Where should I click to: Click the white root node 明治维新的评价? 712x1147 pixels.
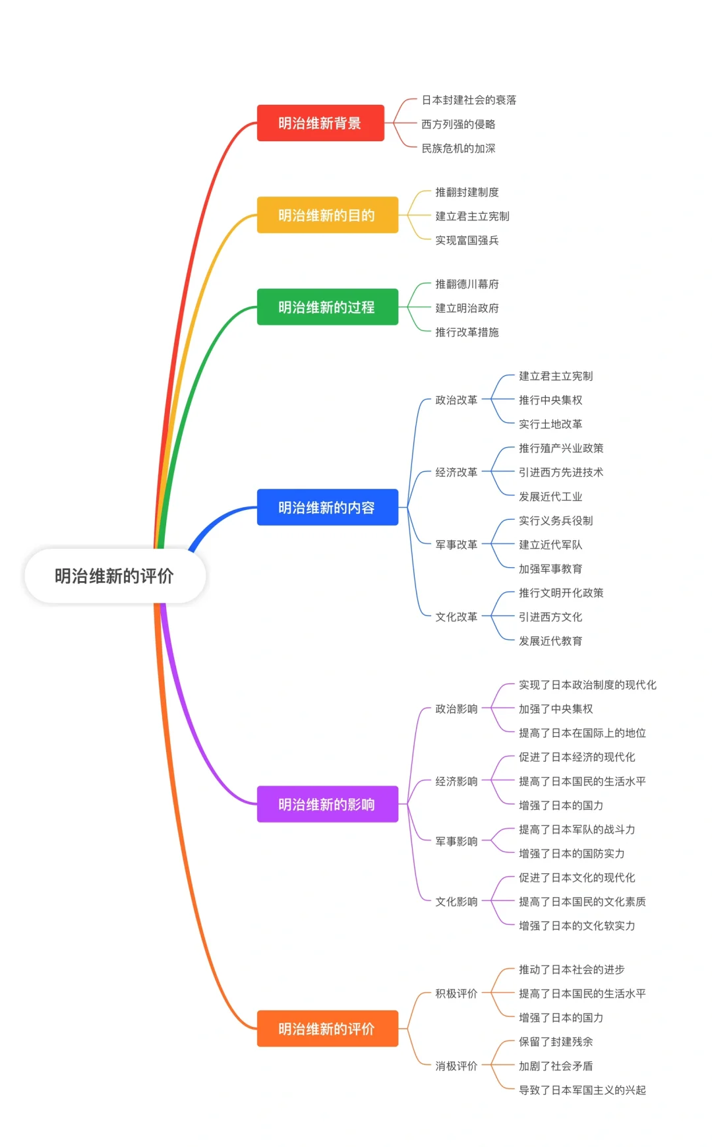[114, 576]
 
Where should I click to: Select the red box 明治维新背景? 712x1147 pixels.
[320, 123]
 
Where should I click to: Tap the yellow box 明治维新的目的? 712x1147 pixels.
[327, 215]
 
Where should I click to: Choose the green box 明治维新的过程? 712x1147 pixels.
[327, 307]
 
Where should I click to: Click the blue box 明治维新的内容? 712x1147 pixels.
[327, 507]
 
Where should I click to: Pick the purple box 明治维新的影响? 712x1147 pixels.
[327, 804]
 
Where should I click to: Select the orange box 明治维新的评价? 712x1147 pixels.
[327, 1028]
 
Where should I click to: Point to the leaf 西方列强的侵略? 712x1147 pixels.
[458, 124]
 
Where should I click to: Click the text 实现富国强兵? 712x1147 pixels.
[467, 240]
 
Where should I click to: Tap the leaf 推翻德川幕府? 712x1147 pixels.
[467, 284]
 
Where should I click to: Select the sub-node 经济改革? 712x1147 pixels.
[456, 472]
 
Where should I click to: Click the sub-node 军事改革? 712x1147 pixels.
[456, 545]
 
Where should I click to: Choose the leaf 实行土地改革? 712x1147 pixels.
[550, 424]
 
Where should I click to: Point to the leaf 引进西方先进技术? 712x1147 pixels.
[561, 472]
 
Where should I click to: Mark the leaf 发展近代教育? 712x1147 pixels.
[550, 641]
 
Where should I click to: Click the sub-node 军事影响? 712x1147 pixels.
[456, 842]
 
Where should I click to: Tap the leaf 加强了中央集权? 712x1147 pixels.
[556, 709]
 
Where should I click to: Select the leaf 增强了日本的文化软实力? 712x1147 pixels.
[577, 926]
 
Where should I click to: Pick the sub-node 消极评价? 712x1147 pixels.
[456, 1066]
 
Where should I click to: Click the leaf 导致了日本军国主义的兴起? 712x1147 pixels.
[582, 1090]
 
